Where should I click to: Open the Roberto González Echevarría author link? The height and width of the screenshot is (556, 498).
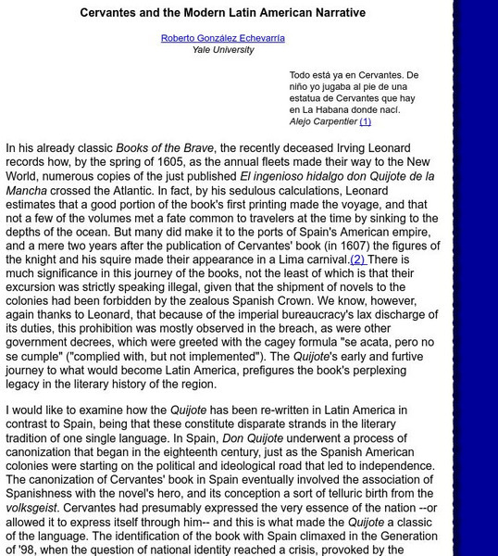click(x=223, y=38)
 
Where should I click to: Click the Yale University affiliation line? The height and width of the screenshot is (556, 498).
click(x=223, y=50)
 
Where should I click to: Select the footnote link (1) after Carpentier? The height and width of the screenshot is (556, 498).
click(x=365, y=121)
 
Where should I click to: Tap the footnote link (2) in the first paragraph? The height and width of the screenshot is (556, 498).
click(x=357, y=259)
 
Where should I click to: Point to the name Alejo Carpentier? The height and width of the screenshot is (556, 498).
click(x=323, y=121)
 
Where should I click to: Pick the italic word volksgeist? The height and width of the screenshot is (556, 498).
click(x=31, y=509)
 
